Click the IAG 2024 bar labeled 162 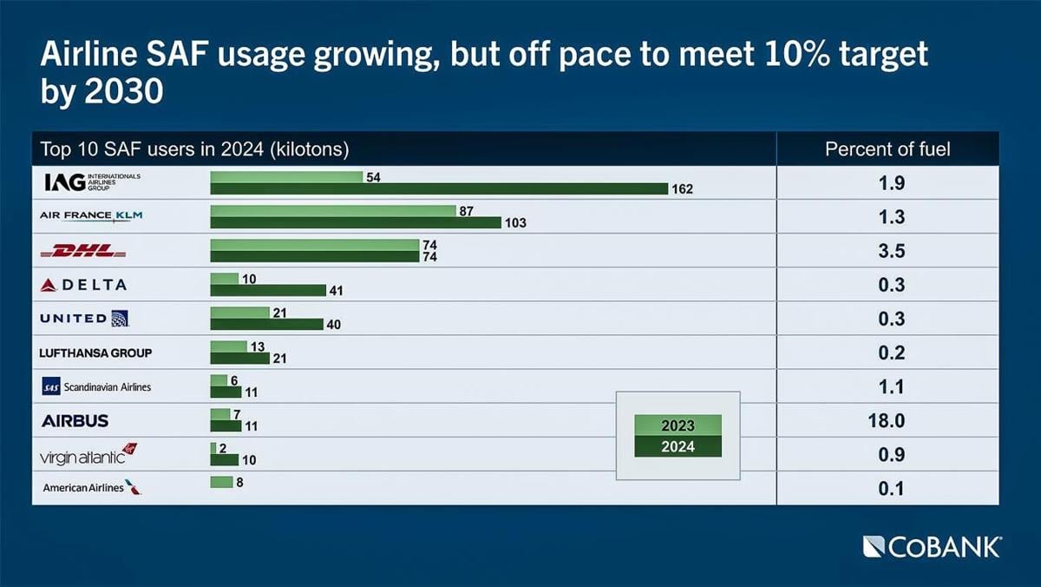(x=439, y=188)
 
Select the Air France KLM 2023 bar (x=333, y=211)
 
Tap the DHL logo (x=84, y=251)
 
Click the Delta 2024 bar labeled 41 (x=268, y=290)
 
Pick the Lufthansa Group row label (x=95, y=353)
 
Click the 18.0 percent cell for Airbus (x=887, y=421)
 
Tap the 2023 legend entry (x=678, y=425)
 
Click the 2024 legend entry (x=678, y=447)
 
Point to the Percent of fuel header (x=887, y=149)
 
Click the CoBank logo (x=933, y=546)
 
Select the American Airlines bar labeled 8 (x=222, y=482)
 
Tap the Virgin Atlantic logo (x=88, y=454)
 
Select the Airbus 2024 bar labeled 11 (x=226, y=426)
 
